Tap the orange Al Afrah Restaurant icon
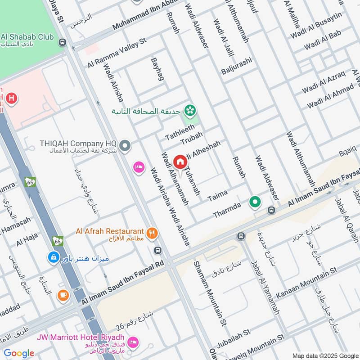click(153, 233)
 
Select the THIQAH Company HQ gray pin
click(126, 146)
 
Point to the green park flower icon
click(191, 110)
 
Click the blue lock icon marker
click(53, 257)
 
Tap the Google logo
click(19, 353)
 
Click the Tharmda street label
click(227, 209)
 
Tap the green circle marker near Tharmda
click(256, 202)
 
